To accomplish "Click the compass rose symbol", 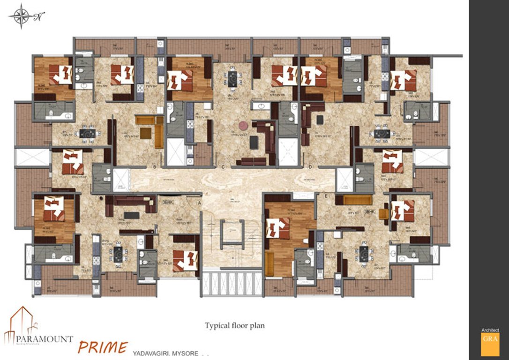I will pyautogui.click(x=20, y=16).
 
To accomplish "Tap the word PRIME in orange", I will pyautogui.click(x=102, y=347).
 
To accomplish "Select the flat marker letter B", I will pyautogui.click(x=154, y=166).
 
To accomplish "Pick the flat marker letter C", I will pyautogui.click(x=224, y=166).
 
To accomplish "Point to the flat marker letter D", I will pyautogui.click(x=310, y=166).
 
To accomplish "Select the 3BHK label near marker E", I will pyautogui.click(x=370, y=211).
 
